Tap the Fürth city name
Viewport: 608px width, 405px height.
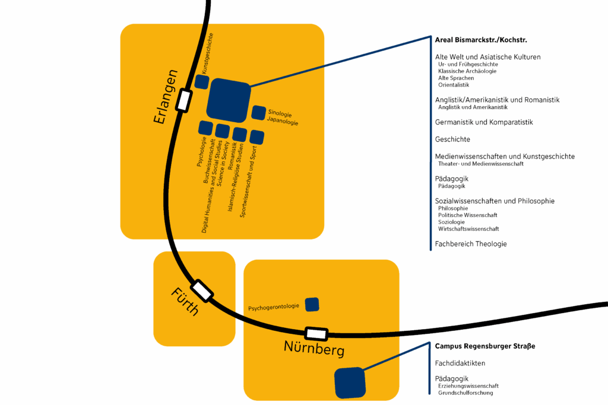(x=185, y=301)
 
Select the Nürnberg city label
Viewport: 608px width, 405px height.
(x=314, y=349)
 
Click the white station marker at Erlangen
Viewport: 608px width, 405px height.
(x=185, y=99)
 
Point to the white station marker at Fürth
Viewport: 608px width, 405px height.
(x=202, y=290)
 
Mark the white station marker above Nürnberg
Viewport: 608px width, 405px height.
(x=316, y=334)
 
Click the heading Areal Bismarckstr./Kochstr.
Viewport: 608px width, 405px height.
(x=481, y=40)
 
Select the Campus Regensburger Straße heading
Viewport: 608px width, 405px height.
(x=484, y=346)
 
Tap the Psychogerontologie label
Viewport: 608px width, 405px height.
(x=274, y=308)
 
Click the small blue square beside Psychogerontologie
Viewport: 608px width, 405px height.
(x=312, y=304)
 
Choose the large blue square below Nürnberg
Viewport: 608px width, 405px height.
(x=350, y=382)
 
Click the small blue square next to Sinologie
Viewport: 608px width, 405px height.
(x=258, y=112)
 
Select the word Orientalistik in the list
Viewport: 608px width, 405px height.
(x=454, y=85)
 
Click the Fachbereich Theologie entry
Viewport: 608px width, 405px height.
(x=471, y=244)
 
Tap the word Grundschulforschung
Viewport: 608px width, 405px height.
(x=465, y=393)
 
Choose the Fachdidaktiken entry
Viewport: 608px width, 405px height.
(x=460, y=363)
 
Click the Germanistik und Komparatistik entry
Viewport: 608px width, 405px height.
(x=484, y=122)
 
